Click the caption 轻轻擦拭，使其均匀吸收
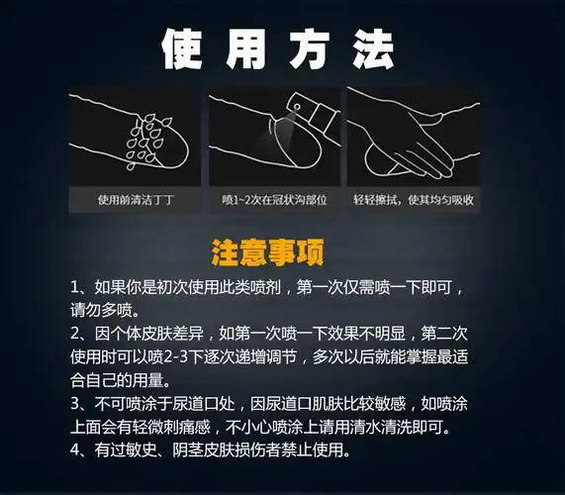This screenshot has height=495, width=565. (x=415, y=199)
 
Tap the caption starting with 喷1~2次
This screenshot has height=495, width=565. (x=274, y=199)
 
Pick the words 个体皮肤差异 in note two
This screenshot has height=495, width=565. (x=153, y=333)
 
